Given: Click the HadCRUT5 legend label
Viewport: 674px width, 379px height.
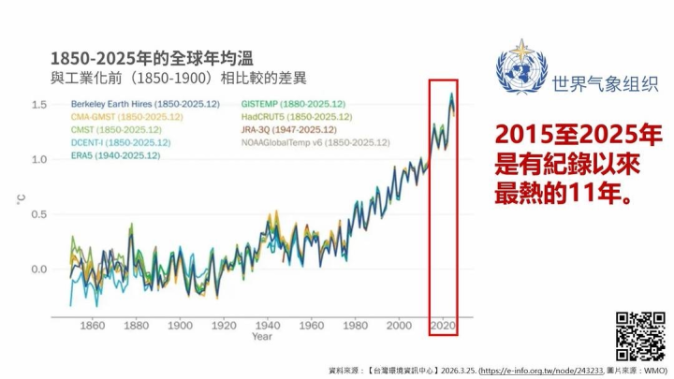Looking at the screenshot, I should coord(297,116).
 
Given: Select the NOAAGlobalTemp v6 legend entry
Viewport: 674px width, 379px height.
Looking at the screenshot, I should coord(315,142).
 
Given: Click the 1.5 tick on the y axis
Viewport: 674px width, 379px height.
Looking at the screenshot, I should coord(38,104).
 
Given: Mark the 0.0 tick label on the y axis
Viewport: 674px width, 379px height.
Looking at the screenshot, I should coord(38,270).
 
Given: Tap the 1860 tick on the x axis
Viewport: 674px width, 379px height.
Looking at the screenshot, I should coord(93,326).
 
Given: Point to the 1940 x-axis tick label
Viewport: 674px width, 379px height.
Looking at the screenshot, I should coord(268,326).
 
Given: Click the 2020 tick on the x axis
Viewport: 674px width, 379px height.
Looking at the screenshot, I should coord(443,326).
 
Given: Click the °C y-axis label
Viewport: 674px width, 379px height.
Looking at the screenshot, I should coord(21,199).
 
